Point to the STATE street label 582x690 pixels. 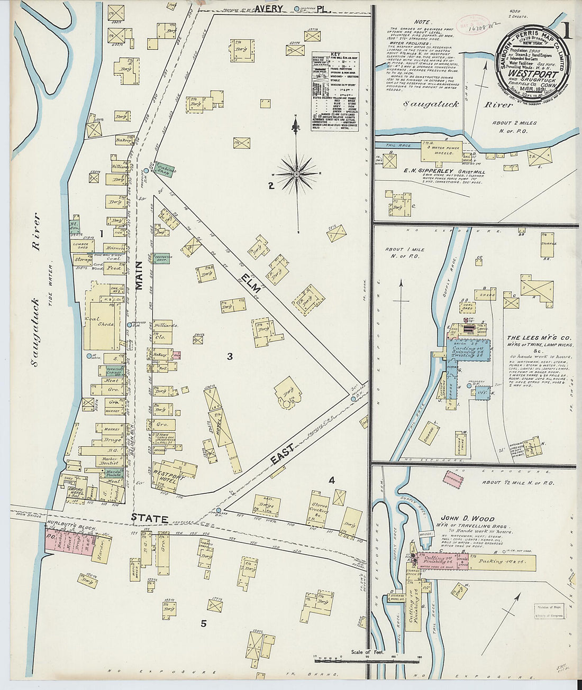pos(150,519)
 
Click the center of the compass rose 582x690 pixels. pos(297,173)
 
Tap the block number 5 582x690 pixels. pos(204,623)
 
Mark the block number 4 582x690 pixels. pos(332,481)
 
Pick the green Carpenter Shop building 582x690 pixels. pos(162,259)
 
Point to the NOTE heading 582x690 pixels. pos(422,22)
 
